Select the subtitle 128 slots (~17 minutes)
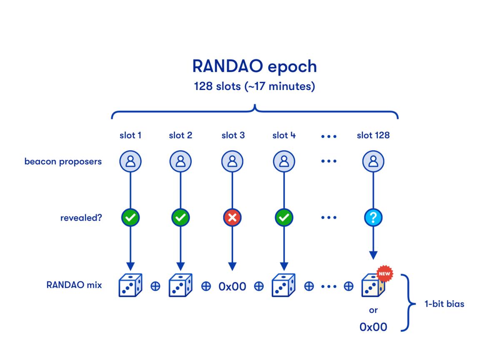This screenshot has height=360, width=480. coord(255,88)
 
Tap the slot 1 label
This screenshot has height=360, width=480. coord(130,135)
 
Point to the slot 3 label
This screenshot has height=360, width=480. coord(233,135)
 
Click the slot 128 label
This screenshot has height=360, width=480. coord(373,135)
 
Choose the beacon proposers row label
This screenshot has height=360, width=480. coord(63,161)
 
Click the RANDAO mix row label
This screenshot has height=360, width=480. coord(74,286)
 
